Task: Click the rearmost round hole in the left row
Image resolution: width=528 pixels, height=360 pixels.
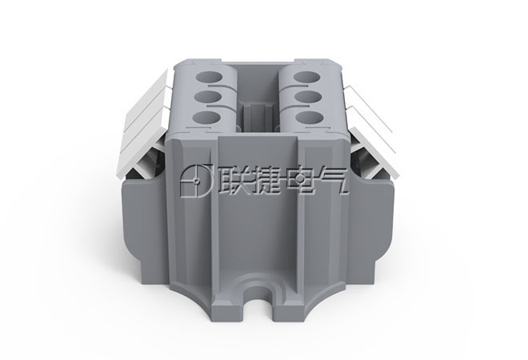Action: pyautogui.click(x=209, y=77)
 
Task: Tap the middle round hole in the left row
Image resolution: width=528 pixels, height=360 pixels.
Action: pyautogui.click(x=208, y=97)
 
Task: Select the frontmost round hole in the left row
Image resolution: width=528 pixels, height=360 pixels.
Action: pyautogui.click(x=206, y=118)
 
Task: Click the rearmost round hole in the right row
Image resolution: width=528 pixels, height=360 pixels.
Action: pyautogui.click(x=306, y=77)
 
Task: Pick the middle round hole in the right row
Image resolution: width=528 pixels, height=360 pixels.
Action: pyautogui.click(x=308, y=97)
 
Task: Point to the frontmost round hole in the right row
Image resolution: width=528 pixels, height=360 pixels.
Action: pyautogui.click(x=309, y=118)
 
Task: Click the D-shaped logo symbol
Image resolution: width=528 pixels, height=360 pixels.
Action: pyautogui.click(x=196, y=181)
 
